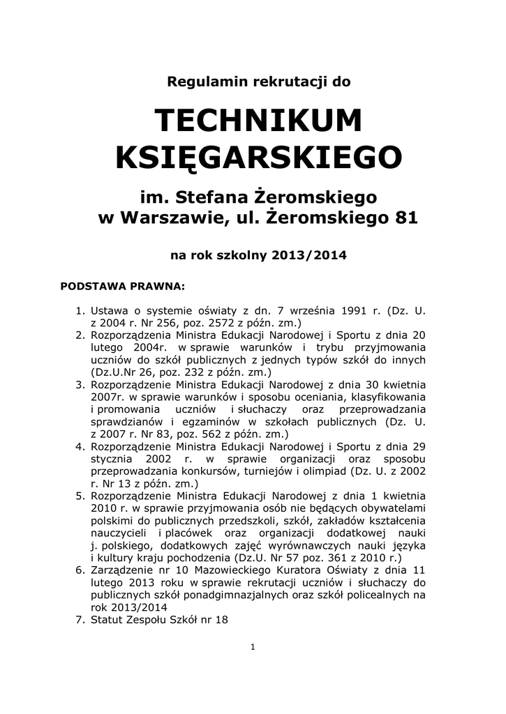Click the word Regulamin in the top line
tap(199, 82)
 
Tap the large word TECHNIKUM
tap(259, 121)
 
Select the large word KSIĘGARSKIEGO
tap(258, 158)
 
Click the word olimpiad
tap(327, 471)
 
